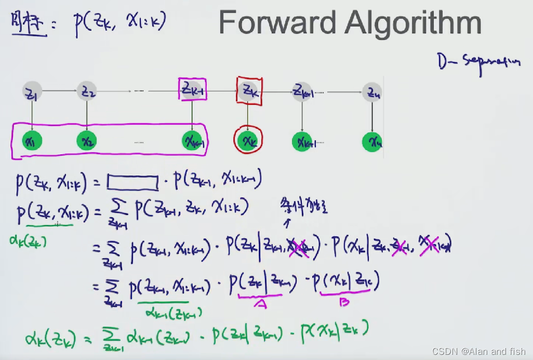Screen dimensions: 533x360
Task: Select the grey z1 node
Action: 32,92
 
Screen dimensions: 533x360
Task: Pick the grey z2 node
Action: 87,92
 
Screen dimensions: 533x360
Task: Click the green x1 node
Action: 32,140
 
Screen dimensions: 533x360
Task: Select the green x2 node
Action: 87,140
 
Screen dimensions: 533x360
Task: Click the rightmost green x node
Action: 372,140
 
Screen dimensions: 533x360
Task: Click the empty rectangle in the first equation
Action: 132,182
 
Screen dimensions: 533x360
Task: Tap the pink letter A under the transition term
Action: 261,304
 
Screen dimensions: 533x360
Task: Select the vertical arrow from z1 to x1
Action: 32,116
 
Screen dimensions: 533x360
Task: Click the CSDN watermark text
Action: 478,352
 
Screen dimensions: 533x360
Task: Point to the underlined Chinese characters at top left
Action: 29,23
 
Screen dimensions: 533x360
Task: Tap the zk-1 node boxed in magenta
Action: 192,89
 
